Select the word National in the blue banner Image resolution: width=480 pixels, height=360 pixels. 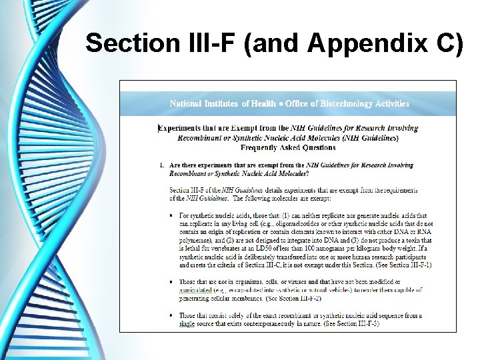pyautogui.click(x=187, y=103)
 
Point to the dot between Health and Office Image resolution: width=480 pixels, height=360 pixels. pyautogui.click(x=281, y=103)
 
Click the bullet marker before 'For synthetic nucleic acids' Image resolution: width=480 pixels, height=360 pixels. pyautogui.click(x=173, y=216)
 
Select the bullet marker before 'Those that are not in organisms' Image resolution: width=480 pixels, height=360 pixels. pyautogui.click(x=173, y=282)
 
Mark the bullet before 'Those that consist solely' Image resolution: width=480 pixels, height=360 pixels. pyautogui.click(x=173, y=315)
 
